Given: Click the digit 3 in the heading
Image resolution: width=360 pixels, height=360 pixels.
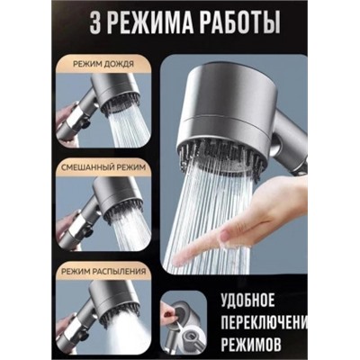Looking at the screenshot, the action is (x=95, y=22).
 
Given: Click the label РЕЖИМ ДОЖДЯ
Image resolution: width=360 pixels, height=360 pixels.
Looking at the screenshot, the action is (x=103, y=65).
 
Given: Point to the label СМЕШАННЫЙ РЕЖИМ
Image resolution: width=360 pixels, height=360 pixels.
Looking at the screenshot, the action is (x=103, y=167).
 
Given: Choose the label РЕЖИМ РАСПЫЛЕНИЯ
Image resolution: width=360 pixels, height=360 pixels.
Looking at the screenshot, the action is (x=103, y=272).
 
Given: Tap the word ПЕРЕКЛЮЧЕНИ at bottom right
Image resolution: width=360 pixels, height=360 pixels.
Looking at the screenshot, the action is (x=265, y=323).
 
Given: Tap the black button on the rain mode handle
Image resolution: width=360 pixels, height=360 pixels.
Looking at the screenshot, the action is (x=86, y=124).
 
